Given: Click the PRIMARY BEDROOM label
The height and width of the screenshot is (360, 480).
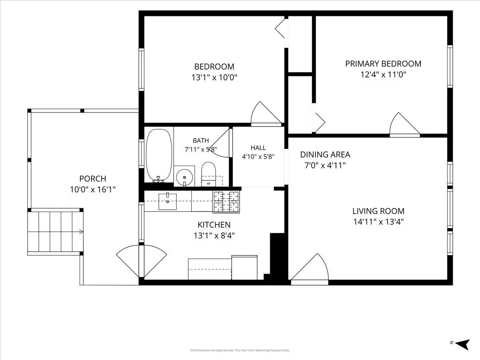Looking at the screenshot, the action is pyautogui.click(x=383, y=64).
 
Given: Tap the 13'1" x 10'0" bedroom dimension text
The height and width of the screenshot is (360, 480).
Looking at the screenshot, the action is pyautogui.click(x=214, y=77).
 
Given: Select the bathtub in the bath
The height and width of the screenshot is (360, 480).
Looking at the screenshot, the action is pyautogui.click(x=159, y=156).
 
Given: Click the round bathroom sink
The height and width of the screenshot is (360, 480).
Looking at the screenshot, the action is pyautogui.click(x=184, y=177).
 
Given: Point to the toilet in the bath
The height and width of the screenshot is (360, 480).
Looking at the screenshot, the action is pyautogui.click(x=208, y=174).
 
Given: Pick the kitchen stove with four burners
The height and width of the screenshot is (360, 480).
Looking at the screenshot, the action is pyautogui.click(x=226, y=202).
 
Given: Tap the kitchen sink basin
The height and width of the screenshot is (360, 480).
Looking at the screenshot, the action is pyautogui.click(x=168, y=201).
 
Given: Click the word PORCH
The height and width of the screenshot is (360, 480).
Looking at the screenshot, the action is pyautogui.click(x=93, y=178).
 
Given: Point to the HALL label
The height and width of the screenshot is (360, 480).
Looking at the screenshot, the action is pyautogui.click(x=258, y=148).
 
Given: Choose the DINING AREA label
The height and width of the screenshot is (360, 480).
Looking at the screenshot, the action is pyautogui.click(x=325, y=154).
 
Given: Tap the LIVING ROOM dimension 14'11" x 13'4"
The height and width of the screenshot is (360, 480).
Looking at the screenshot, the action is pyautogui.click(x=378, y=222).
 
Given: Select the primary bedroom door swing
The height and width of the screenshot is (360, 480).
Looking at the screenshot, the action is pyautogui.click(x=404, y=124).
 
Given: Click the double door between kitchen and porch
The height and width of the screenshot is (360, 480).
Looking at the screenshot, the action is pyautogui.click(x=142, y=261).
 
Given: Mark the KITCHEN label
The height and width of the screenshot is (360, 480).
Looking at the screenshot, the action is pyautogui.click(x=214, y=225).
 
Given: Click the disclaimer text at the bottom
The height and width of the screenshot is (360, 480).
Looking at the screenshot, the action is pyautogui.click(x=240, y=350).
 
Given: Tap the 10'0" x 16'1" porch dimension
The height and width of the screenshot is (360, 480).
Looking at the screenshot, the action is pyautogui.click(x=93, y=189).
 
